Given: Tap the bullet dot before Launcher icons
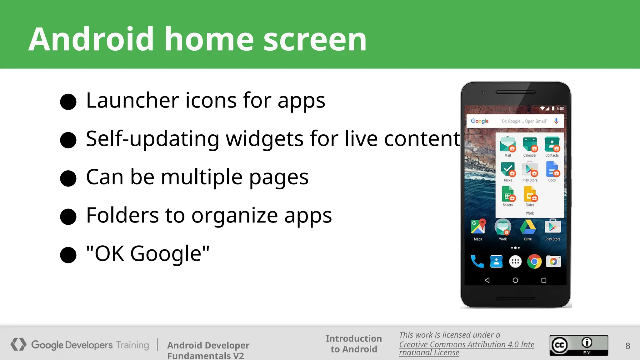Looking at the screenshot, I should pos(68,102).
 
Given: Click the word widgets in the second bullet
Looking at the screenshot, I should pos(264,138).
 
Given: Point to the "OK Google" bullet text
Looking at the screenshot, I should pos(147,253).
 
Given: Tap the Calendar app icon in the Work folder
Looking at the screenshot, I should pos(530,145).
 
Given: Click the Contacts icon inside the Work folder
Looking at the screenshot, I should pos(552,145).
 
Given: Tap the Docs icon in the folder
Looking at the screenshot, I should pos(552,169).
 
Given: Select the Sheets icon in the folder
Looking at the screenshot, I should pos(508,194).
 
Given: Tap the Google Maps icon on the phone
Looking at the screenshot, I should pos(478,227).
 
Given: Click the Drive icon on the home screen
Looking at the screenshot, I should pos(528,227).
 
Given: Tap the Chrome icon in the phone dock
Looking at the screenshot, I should pos(534,262).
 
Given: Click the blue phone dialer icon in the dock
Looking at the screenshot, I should pos(477,262).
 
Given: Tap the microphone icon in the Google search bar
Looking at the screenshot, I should pos(556,121).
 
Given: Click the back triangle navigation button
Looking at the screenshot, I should pos(487,280).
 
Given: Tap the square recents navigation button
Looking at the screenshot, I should pos(544,280).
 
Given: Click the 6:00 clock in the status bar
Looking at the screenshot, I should pos(560,109).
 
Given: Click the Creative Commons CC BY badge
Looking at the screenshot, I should pos(579,345).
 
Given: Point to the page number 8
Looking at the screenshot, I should pos(627,346).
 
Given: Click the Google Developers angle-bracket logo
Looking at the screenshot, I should pos(18,344).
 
